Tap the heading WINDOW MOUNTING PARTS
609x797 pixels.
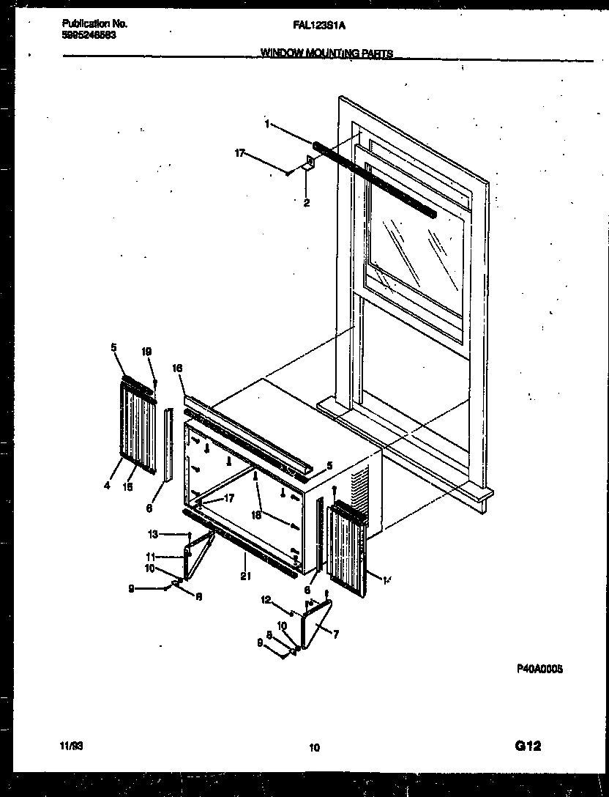coord(326,53)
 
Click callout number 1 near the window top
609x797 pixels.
coord(267,125)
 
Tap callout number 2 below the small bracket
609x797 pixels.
coord(307,204)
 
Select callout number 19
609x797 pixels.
coord(146,352)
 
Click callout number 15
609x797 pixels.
coord(127,486)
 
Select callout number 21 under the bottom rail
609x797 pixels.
coord(245,577)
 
